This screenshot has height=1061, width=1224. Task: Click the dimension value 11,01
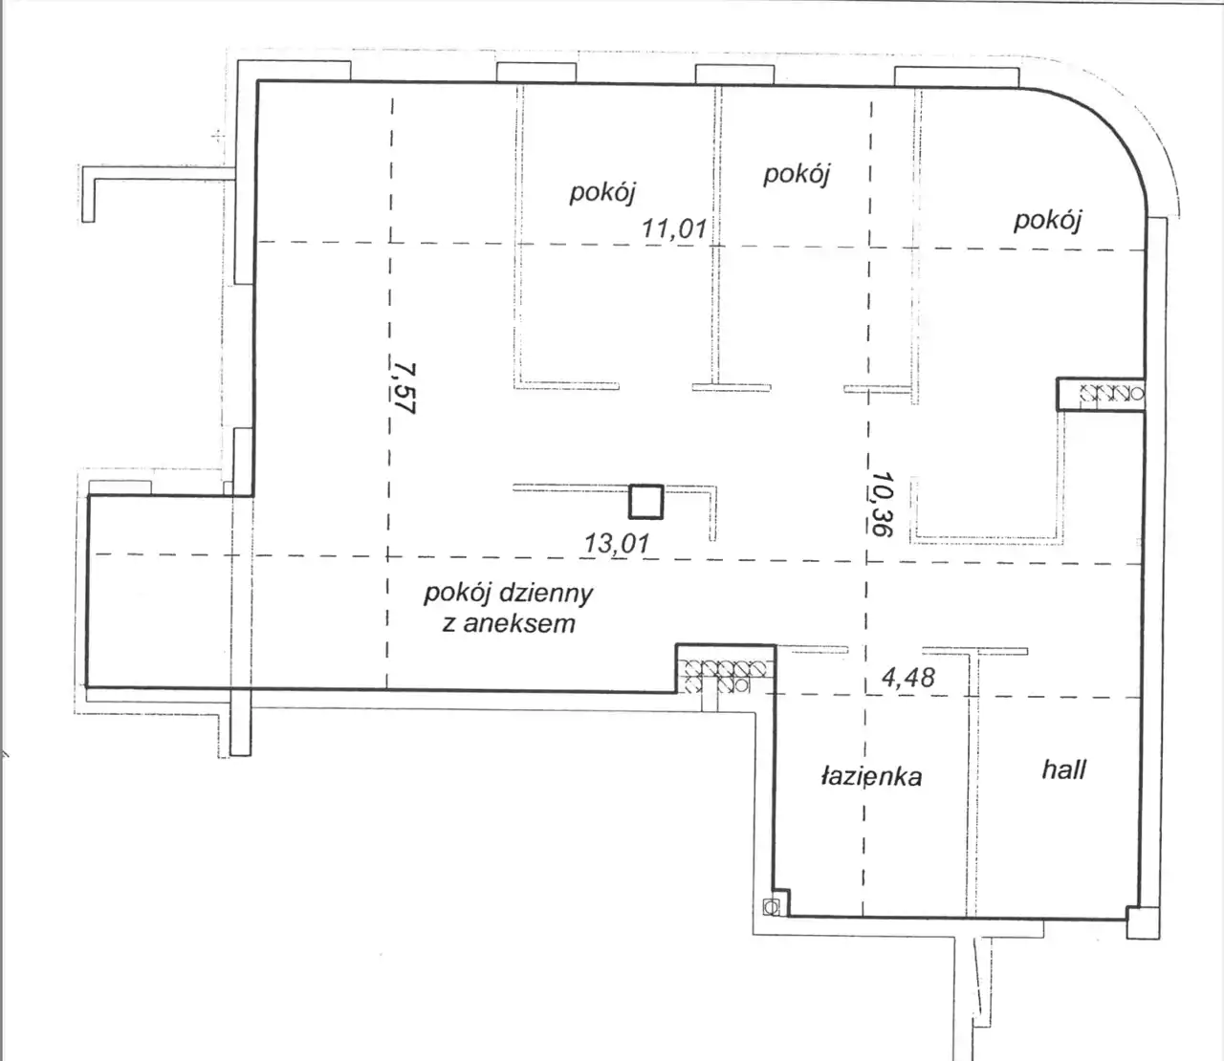(674, 227)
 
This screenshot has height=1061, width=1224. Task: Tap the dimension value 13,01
(617, 543)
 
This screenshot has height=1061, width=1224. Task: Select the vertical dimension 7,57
(404, 388)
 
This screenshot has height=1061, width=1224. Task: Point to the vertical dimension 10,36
(882, 504)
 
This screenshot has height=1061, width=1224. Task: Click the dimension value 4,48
(908, 677)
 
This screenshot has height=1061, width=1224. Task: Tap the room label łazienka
(872, 776)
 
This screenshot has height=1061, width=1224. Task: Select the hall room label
(1064, 769)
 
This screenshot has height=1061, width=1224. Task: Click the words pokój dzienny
(509, 594)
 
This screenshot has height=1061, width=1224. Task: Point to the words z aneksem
(509, 624)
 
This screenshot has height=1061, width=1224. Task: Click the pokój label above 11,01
(602, 193)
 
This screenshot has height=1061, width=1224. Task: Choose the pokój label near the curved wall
(1047, 221)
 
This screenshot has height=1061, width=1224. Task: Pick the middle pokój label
(797, 175)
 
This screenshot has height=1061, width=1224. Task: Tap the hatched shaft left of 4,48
(725, 676)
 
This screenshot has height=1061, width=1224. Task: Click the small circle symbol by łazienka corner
(771, 906)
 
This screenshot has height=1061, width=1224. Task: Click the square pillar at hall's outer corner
(1143, 923)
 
